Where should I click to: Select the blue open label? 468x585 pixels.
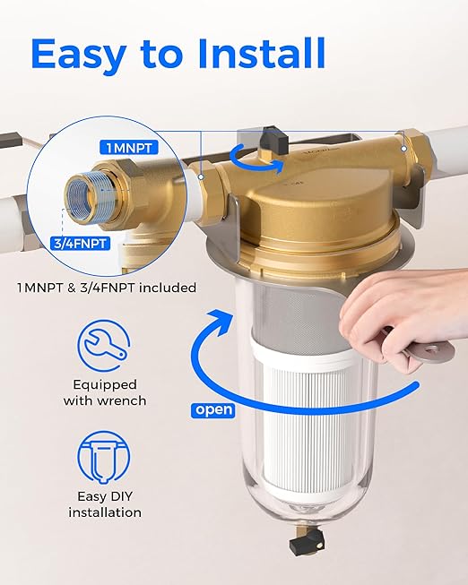click(212, 409)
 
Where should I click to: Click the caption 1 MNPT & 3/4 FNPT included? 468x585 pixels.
click(108, 288)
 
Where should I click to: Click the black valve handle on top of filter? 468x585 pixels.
click(271, 138)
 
